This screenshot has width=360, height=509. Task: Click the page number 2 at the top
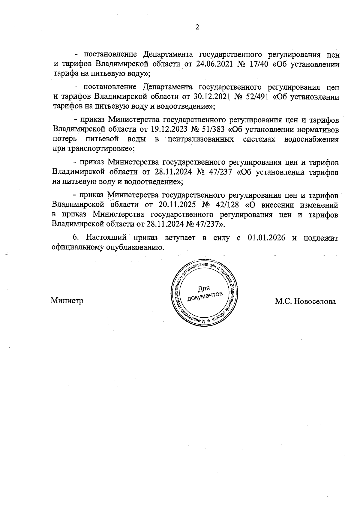(197, 27)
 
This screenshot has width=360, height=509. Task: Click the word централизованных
(201, 139)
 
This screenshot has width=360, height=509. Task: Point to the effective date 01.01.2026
(266, 238)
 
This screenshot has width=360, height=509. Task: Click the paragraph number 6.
(76, 238)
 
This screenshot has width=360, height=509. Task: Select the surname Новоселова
(315, 301)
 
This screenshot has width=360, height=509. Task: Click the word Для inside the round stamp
(204, 289)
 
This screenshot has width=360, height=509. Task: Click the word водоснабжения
(311, 139)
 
